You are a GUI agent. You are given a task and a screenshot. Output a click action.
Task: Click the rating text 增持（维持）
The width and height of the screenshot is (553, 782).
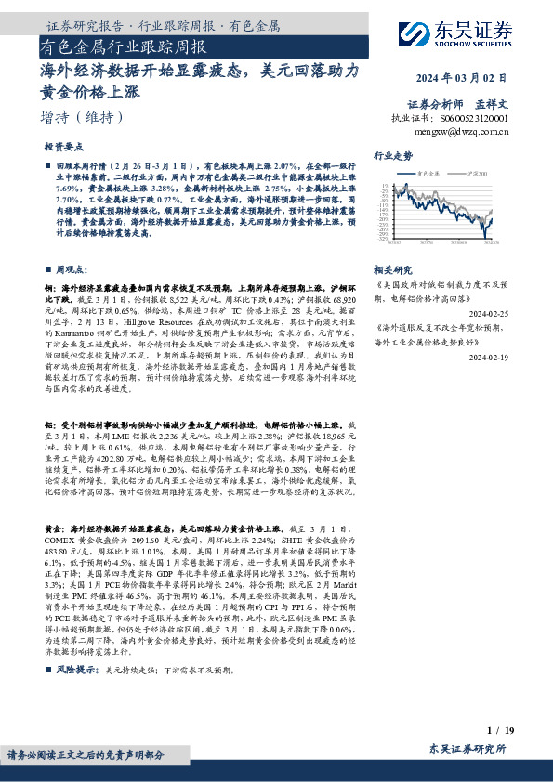pyautogui.click(x=82, y=117)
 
